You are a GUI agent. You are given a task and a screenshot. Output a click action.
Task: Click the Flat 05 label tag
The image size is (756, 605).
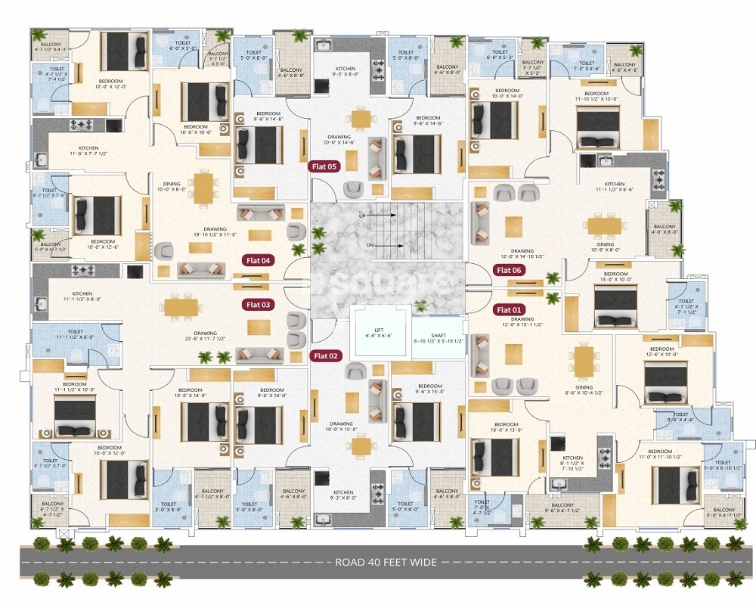pyautogui.click(x=325, y=166)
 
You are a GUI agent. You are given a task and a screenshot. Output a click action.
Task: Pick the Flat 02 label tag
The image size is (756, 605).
pyautogui.click(x=327, y=355)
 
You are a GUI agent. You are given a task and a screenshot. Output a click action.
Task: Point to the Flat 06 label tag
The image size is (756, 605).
pyautogui.click(x=508, y=270)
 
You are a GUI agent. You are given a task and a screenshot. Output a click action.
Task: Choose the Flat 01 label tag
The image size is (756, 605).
pyautogui.click(x=508, y=309)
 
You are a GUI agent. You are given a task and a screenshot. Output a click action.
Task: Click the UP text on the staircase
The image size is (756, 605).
pyautogui.click(x=362, y=215)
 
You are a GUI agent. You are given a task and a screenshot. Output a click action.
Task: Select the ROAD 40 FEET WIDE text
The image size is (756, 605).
pyautogui.click(x=386, y=562)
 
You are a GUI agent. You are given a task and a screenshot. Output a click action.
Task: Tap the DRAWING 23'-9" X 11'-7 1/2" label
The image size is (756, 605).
pyautogui.click(x=205, y=336)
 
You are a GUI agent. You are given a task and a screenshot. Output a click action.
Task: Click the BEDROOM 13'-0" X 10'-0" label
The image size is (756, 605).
pyautogui.click(x=616, y=276)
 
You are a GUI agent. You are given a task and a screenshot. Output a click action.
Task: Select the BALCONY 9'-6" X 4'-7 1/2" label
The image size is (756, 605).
pyautogui.click(x=562, y=508)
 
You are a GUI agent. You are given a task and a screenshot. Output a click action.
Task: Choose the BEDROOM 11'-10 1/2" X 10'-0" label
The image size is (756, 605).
pyautogui.click(x=596, y=96)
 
